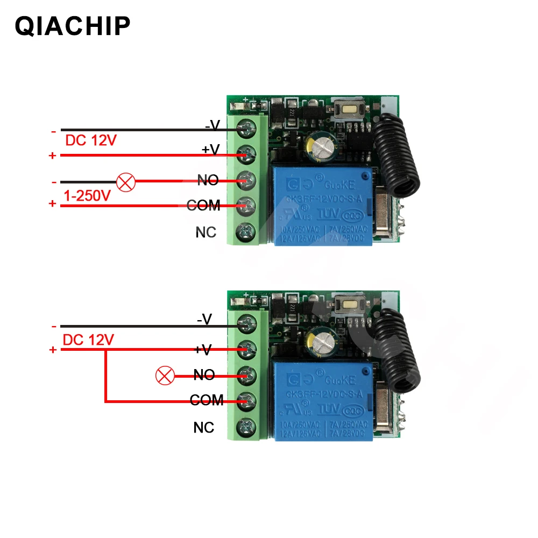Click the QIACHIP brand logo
click(x=73, y=25)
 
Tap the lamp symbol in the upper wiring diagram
click(x=126, y=182)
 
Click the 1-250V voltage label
click(x=87, y=196)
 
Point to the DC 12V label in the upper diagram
click(x=90, y=141)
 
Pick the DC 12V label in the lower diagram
click(x=88, y=340)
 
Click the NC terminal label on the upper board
click(x=206, y=232)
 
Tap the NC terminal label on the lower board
click(x=204, y=428)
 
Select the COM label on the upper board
click(x=203, y=205)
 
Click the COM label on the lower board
click(x=207, y=400)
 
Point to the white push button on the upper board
click(x=348, y=110)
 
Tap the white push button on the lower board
click(x=348, y=305)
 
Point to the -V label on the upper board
click(x=213, y=125)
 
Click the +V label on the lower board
click(x=203, y=350)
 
